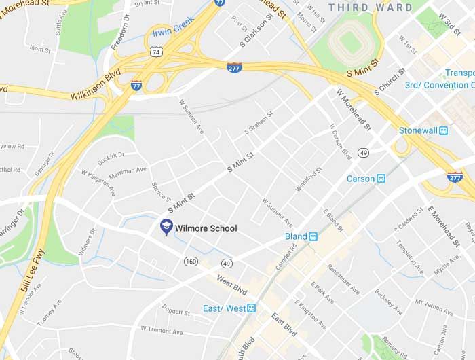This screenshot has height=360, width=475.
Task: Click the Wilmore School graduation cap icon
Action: (x=166, y=227)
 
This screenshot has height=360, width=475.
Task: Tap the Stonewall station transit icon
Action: (x=444, y=130)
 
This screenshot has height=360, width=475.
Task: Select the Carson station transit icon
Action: (x=381, y=179)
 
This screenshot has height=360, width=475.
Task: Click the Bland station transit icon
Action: (x=313, y=237)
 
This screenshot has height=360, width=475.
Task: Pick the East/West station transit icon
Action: (x=252, y=308)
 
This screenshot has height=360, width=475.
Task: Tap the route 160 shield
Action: (x=191, y=262)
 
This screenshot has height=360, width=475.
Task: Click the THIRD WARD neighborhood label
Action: (x=370, y=7)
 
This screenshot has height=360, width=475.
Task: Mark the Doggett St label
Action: (x=176, y=311)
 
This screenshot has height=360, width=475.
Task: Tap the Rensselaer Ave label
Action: (x=344, y=278)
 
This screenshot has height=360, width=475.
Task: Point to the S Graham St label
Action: (x=259, y=122)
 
